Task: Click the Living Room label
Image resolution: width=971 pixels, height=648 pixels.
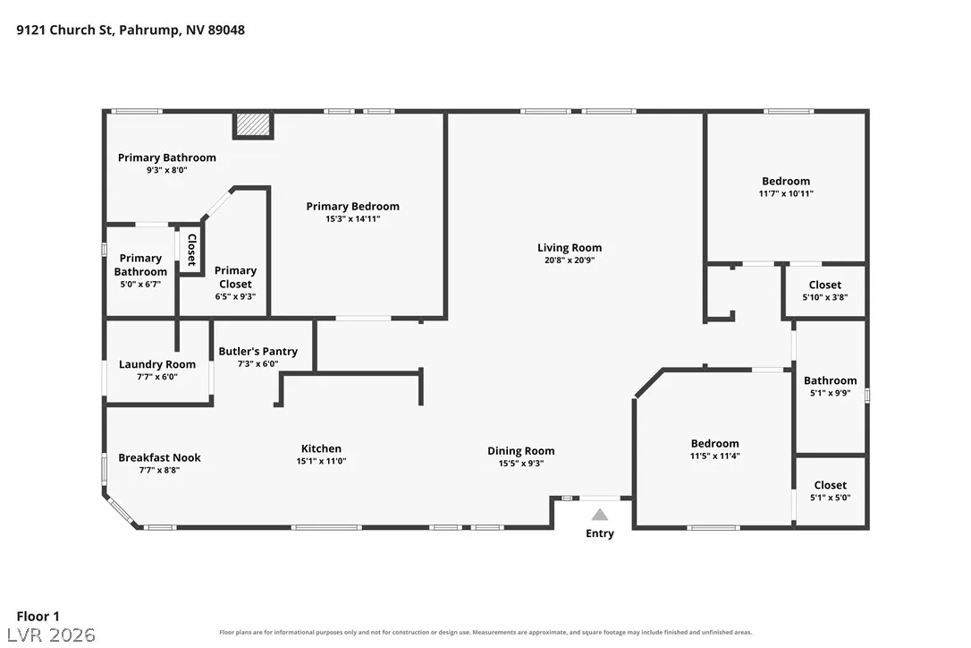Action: point(570,247)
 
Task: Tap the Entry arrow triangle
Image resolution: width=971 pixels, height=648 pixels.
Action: point(599,515)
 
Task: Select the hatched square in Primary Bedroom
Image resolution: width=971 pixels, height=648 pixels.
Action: point(253,124)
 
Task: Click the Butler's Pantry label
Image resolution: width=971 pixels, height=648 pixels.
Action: point(258,351)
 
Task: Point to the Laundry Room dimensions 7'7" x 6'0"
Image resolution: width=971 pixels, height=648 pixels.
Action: point(157,377)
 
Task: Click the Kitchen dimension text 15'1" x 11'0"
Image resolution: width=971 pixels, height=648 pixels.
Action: point(321,461)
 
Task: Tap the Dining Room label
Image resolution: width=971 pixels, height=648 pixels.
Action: point(520,451)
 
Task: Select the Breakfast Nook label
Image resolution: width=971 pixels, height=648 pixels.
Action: point(159,457)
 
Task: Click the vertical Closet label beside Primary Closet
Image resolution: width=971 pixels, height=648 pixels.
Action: point(192,250)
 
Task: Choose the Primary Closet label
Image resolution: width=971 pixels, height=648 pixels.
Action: point(235,277)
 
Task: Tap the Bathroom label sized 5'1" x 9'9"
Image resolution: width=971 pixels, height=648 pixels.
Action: point(830,380)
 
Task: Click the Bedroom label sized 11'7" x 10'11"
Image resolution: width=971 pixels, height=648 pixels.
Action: point(786,181)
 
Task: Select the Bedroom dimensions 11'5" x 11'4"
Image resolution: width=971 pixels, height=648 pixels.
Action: point(714,456)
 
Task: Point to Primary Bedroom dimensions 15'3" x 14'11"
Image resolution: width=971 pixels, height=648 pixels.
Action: point(352,218)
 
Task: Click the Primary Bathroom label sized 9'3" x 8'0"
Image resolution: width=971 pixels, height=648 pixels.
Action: point(166,158)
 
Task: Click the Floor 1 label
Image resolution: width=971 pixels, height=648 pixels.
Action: point(38,616)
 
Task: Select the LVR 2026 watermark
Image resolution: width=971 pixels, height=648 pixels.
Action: point(51,635)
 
